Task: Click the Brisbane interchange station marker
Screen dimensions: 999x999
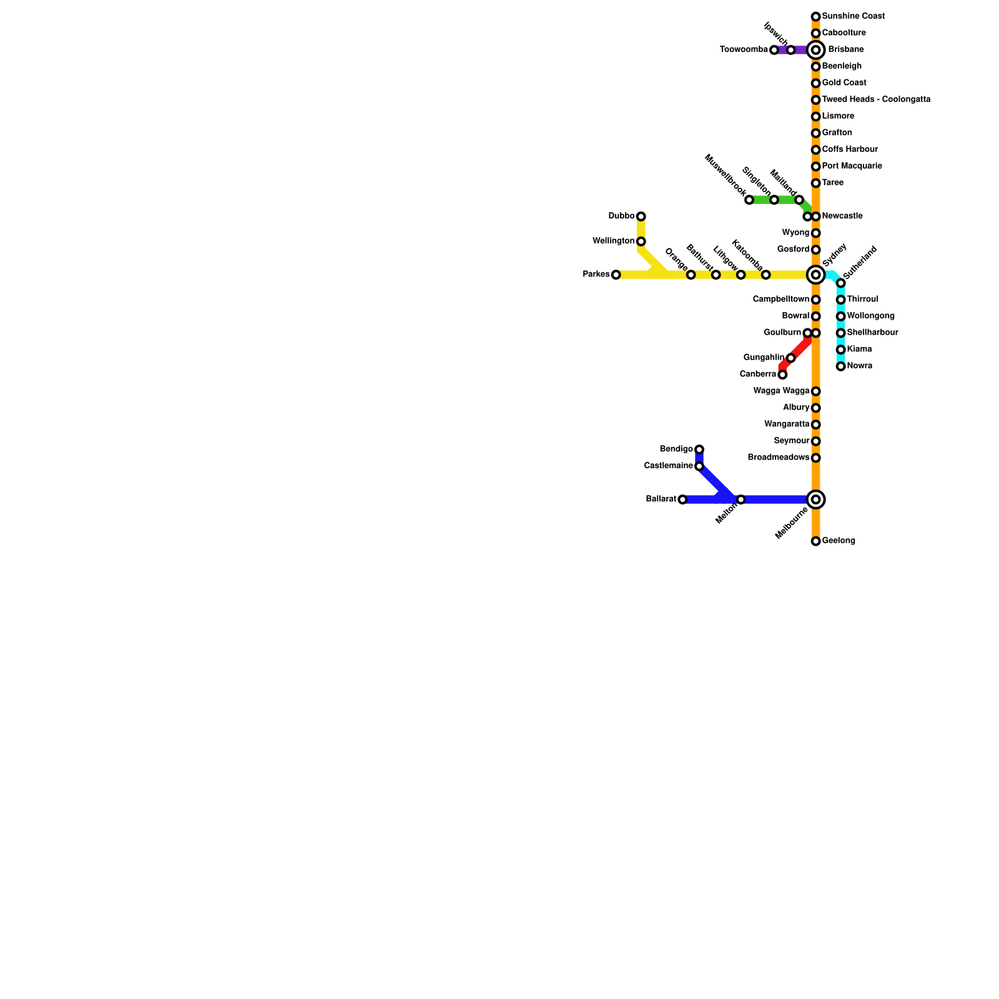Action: click(x=815, y=50)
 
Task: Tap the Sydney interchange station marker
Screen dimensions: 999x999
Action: click(x=815, y=275)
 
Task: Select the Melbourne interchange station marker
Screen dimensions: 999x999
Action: click(x=815, y=499)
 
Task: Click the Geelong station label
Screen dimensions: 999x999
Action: click(x=839, y=541)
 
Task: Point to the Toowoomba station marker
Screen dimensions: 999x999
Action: click(x=774, y=50)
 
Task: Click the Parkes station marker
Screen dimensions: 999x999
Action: click(x=616, y=275)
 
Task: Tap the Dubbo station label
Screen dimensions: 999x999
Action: click(x=621, y=216)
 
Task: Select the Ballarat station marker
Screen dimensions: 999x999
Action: click(x=682, y=499)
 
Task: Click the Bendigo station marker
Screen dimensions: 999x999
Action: click(x=699, y=450)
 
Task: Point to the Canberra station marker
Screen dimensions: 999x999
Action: click(x=782, y=375)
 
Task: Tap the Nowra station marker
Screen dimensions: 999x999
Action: click(x=840, y=367)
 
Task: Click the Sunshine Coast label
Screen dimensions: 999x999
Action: click(x=853, y=16)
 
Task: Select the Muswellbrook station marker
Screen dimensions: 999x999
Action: click(x=749, y=200)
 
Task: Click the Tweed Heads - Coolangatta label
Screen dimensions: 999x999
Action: click(x=876, y=100)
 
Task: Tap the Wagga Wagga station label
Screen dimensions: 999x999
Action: click(x=781, y=391)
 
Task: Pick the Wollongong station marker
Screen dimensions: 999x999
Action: click(x=840, y=317)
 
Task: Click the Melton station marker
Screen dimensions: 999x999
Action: click(x=741, y=499)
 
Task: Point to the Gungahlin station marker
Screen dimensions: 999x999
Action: click(x=790, y=358)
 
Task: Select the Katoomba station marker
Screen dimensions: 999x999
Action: click(x=765, y=275)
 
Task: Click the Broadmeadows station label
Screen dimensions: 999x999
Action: click(x=779, y=458)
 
